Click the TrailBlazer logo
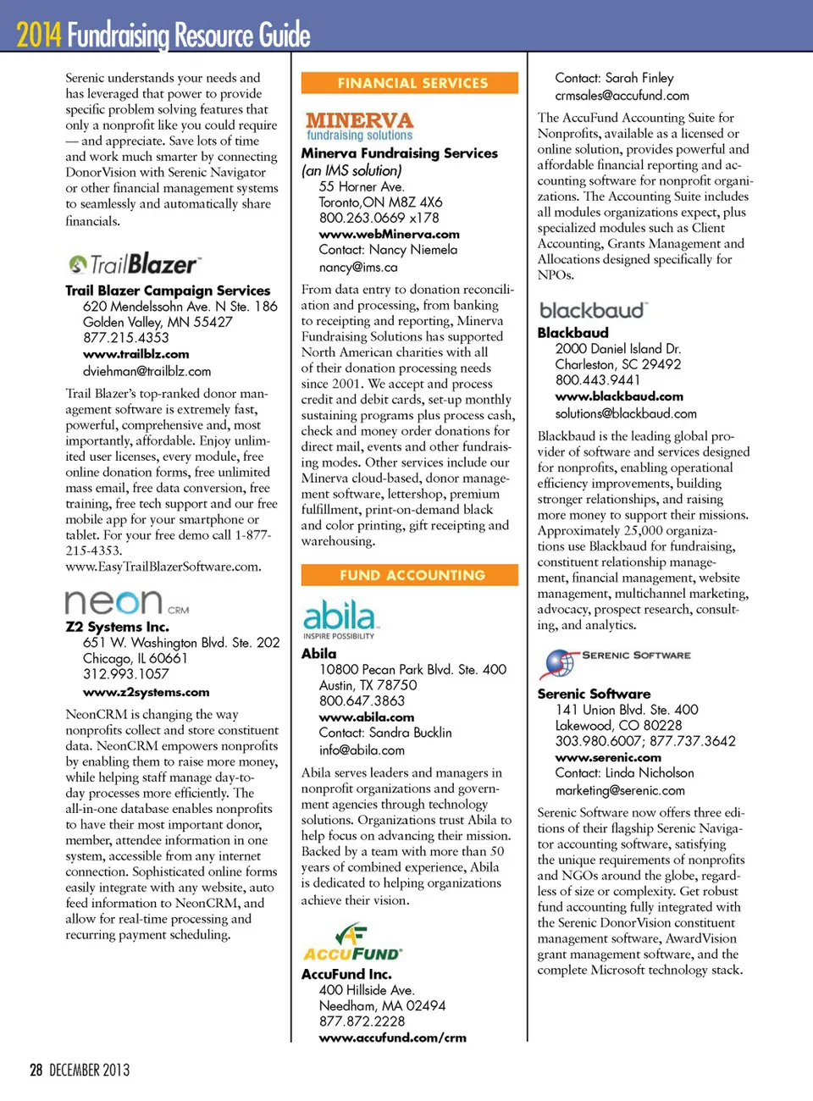[x=135, y=264]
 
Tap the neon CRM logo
[x=127, y=602]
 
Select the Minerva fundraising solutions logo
[x=360, y=126]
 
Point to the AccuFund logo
[x=352, y=943]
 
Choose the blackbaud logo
[x=593, y=310]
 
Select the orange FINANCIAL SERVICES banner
[x=410, y=83]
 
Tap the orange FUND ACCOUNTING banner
[x=410, y=575]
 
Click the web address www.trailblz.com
[x=135, y=354]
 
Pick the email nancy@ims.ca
[x=358, y=267]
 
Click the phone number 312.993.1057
[x=126, y=674]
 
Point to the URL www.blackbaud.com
[x=619, y=396]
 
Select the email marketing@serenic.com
[x=620, y=790]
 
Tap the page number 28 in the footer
[x=36, y=1070]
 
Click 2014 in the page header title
[x=39, y=35]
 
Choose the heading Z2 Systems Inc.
[x=118, y=627]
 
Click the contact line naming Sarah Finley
[x=614, y=78]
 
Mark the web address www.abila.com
[x=367, y=717]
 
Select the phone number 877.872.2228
[x=362, y=1021]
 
